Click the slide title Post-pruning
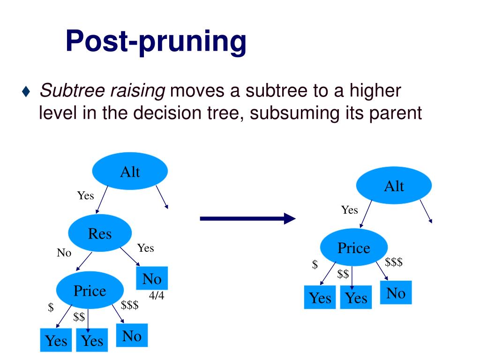coord(156,41)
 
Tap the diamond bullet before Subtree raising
coord(26,91)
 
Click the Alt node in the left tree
coord(130,172)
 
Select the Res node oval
coord(100,233)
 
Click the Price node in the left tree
coord(90,291)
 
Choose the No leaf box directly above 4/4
coord(152,279)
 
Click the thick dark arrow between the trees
coord(247,218)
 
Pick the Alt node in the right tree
coord(394,187)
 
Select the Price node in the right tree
coord(353,248)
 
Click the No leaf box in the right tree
coord(396,293)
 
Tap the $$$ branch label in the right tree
coord(394,262)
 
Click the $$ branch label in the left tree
coord(79,317)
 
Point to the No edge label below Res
coord(64,253)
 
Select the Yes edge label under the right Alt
coord(349,210)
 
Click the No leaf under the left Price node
coord(132,336)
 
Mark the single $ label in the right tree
coord(315,265)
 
